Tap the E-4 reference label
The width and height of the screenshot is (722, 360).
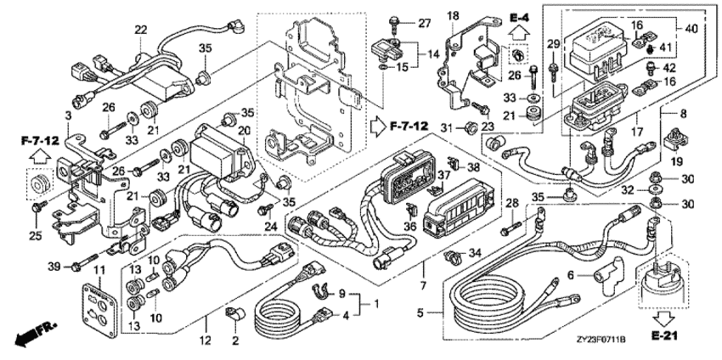(520, 17)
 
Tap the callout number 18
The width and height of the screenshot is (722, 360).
(453, 15)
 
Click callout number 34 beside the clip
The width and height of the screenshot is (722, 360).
(474, 252)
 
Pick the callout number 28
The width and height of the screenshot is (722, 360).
(511, 205)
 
